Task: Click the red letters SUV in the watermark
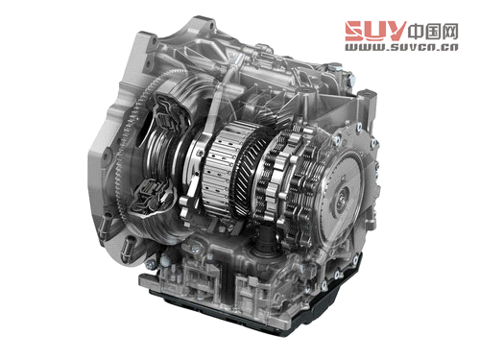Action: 375,31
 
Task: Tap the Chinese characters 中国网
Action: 433,32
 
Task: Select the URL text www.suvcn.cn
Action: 401,47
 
